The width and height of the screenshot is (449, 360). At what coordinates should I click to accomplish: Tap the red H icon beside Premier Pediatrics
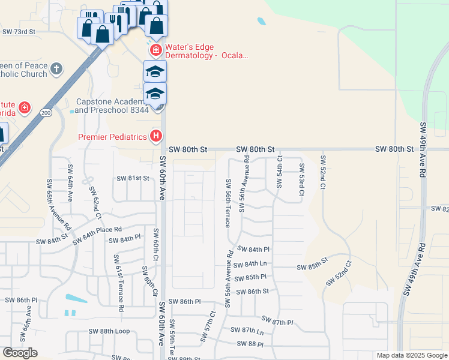click(x=156, y=136)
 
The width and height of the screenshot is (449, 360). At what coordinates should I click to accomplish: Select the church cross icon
click(x=56, y=68)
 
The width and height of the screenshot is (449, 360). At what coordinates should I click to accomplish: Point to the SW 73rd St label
click(x=19, y=31)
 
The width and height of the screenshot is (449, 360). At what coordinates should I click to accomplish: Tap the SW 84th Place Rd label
click(x=97, y=235)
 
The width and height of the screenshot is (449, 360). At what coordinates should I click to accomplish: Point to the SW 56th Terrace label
click(x=228, y=203)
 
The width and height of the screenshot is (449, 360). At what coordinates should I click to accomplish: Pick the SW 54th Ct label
click(x=279, y=171)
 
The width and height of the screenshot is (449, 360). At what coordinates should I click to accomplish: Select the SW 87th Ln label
click(x=252, y=331)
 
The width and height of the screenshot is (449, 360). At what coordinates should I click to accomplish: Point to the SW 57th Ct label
click(x=212, y=328)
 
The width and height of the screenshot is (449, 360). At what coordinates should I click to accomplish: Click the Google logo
click(x=20, y=353)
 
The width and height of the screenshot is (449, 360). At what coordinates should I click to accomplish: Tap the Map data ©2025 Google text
click(x=412, y=355)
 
